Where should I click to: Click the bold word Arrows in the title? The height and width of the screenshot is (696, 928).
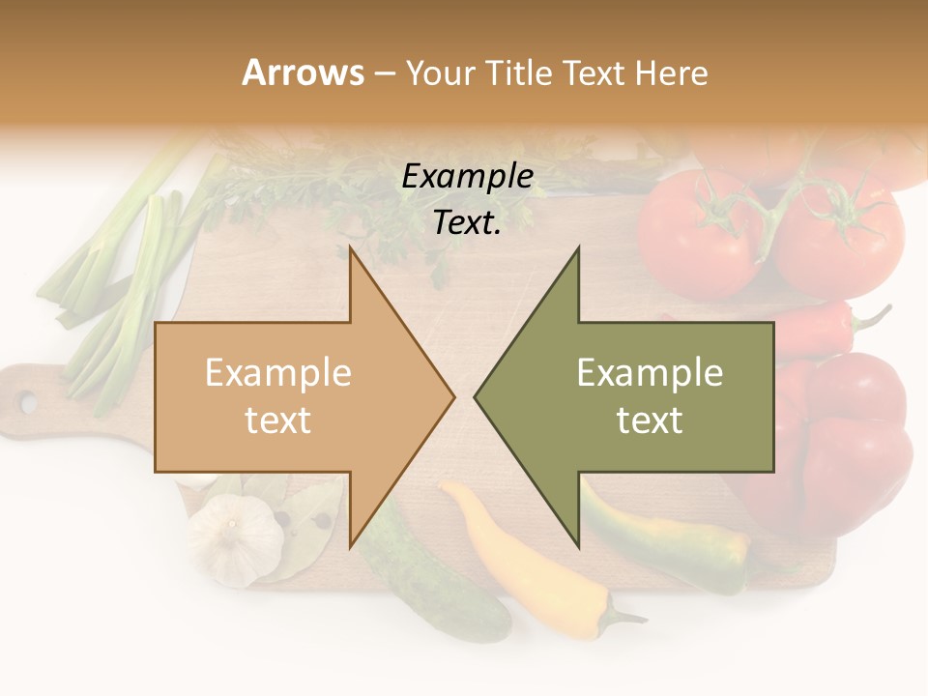click(x=303, y=72)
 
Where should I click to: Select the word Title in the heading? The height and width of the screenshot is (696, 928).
click(x=523, y=72)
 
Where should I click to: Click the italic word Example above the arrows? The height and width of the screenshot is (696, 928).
click(x=467, y=176)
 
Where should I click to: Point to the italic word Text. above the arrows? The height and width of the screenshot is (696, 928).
click(x=467, y=222)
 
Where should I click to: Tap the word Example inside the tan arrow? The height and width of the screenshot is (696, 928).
click(x=278, y=372)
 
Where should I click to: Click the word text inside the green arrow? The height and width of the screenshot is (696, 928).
click(x=650, y=420)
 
